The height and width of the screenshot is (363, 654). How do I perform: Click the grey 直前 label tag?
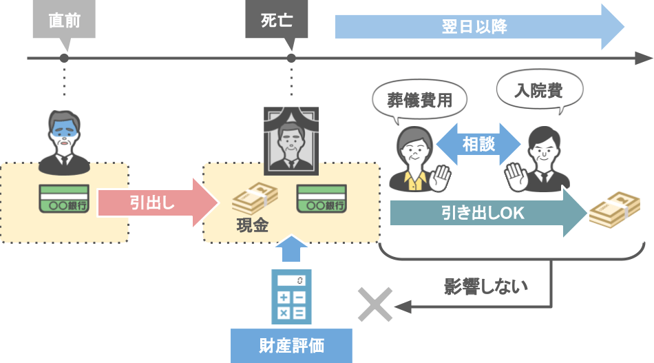[64, 21]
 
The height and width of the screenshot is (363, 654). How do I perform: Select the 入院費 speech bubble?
[539, 90]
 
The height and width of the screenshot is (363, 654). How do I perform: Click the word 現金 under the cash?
[252, 225]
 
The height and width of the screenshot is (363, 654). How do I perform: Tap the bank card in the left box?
[64, 199]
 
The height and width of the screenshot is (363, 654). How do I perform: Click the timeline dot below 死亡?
[291, 59]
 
